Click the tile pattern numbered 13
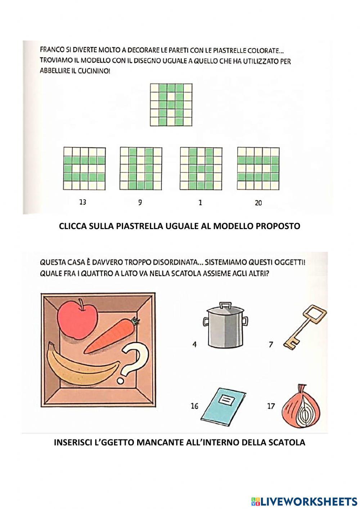click(x=84, y=169)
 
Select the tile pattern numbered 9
click(x=141, y=169)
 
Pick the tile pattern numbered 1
click(x=201, y=169)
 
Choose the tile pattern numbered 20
click(x=258, y=168)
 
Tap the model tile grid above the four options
click(x=171, y=105)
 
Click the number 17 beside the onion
click(x=271, y=406)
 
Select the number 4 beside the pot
click(x=194, y=345)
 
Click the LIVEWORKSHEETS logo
click(x=304, y=500)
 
